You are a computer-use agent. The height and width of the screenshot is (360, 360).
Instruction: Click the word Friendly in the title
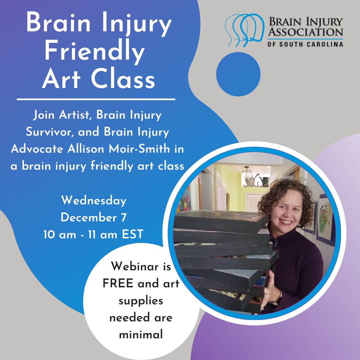[94, 52]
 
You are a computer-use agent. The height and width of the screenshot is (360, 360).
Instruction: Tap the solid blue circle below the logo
[238, 74]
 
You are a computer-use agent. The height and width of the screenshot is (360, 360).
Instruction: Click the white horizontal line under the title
[96, 99]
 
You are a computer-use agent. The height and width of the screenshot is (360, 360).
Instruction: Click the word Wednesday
[94, 201]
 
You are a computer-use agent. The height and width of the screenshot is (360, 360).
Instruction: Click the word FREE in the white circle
[118, 284]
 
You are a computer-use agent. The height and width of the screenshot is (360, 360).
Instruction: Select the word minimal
[141, 334]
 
